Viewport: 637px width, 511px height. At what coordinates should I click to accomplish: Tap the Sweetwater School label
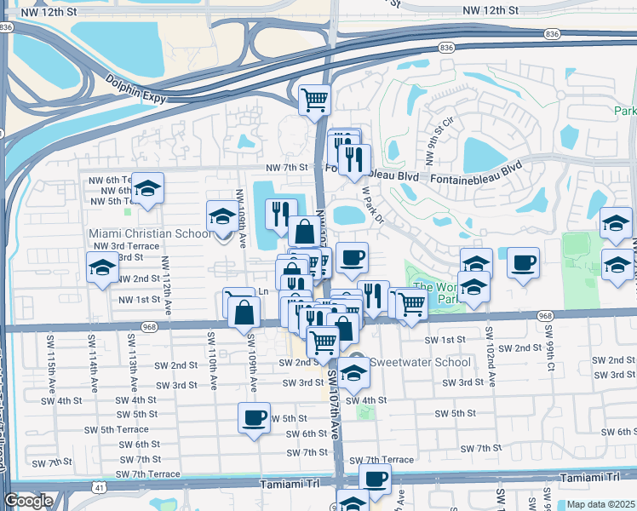419,362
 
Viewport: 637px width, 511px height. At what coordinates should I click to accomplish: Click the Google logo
28,501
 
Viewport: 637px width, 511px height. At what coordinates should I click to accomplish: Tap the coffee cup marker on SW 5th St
254,418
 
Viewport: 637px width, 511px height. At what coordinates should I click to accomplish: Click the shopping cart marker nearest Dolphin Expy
314,99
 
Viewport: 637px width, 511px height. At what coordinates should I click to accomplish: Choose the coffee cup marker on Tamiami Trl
375,479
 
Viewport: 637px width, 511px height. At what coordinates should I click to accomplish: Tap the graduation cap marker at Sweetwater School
353,371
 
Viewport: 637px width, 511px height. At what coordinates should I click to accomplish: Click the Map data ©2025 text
600,504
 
